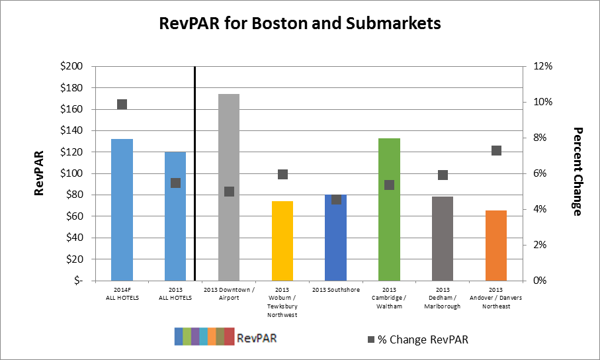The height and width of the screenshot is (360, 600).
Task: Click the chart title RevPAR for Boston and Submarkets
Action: coord(300,24)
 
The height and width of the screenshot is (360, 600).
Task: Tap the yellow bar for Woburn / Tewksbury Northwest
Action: coord(282,241)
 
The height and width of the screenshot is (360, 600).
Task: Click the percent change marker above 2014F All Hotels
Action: coord(122,104)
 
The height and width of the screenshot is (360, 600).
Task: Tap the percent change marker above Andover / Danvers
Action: coord(496,150)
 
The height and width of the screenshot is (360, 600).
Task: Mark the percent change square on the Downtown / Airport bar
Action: coord(229,191)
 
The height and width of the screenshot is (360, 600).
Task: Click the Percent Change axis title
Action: coord(577,171)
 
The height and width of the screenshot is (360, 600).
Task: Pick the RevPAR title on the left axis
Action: coord(39,173)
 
